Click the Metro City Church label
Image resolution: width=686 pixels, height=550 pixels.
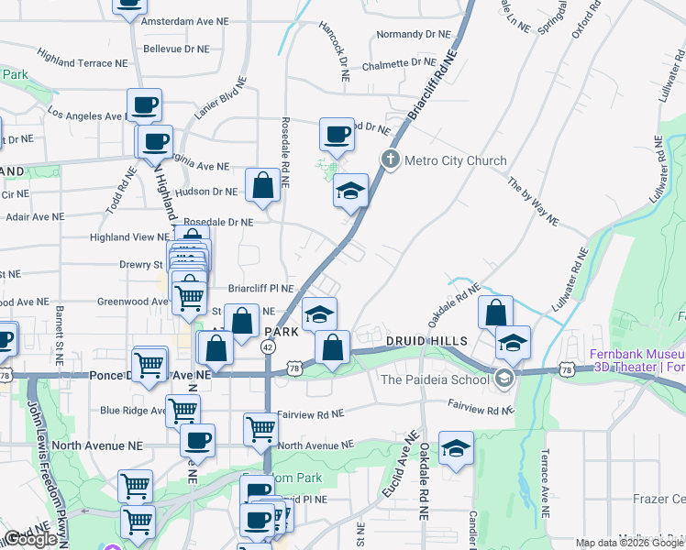[455, 160]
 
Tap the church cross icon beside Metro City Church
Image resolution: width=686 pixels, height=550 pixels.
[391, 160]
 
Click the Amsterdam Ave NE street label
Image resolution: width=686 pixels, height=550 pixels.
[186, 20]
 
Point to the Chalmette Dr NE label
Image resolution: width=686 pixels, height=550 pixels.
[397, 63]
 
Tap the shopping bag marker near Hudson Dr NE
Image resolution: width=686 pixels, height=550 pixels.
[262, 185]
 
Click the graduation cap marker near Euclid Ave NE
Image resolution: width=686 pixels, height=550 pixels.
[456, 449]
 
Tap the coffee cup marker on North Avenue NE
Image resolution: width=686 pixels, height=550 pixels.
[197, 441]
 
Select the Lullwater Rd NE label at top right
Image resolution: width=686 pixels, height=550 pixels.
[662, 165]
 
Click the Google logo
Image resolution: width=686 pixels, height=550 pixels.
[30, 539]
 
